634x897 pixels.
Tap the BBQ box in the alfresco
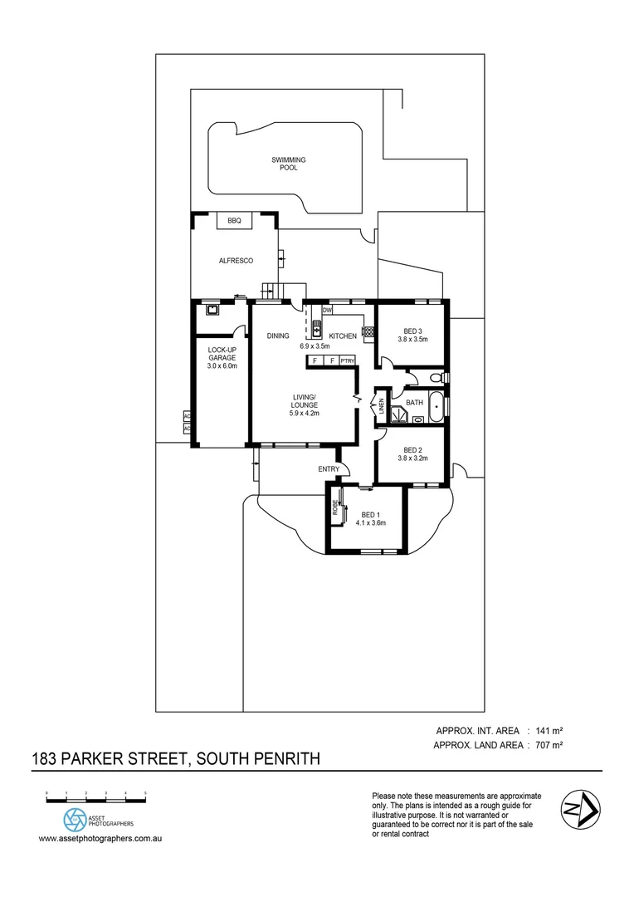click(x=234, y=220)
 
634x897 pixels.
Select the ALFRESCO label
click(x=236, y=261)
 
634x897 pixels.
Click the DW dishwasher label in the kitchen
click(x=327, y=310)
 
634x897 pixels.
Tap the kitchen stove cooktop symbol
click(x=367, y=331)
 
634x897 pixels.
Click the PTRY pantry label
click(x=348, y=360)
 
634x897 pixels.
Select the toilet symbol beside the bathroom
click(x=437, y=379)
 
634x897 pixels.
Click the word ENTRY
click(x=329, y=469)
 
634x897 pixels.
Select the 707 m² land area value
click(x=549, y=746)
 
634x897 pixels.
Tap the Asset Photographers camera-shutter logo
click(x=76, y=820)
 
